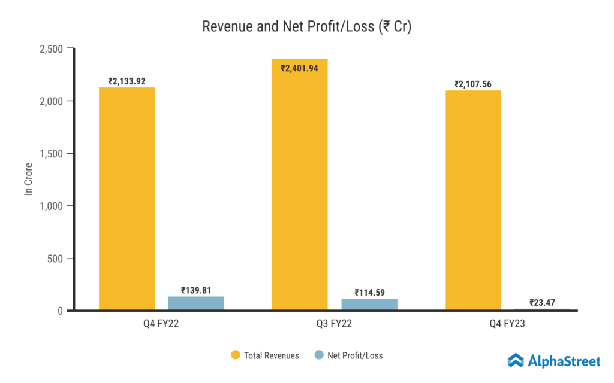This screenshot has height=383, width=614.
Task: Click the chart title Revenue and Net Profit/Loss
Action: [x=306, y=27]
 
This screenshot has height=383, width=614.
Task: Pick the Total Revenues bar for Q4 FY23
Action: [x=473, y=200]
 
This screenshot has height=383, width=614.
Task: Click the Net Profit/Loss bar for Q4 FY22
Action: [x=196, y=303]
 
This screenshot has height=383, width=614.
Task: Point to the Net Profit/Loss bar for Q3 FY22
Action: [x=369, y=305]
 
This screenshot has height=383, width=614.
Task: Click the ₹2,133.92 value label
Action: [x=127, y=81]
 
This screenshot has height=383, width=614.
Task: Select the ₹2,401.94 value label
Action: [x=300, y=68]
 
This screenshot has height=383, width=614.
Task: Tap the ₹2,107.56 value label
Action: [x=472, y=84]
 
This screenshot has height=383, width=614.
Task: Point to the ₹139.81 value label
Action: [x=196, y=290]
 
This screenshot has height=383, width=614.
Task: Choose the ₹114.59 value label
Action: [x=369, y=293]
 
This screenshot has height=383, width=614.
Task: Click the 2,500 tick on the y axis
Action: [x=50, y=48]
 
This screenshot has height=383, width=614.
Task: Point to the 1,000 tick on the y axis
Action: [x=50, y=206]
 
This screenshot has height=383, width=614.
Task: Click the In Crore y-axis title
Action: [x=28, y=180]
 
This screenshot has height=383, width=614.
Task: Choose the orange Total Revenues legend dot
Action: [x=236, y=355]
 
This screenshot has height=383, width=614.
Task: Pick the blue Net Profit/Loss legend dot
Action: [x=319, y=355]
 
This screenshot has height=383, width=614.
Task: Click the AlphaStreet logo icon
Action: [x=516, y=360]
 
